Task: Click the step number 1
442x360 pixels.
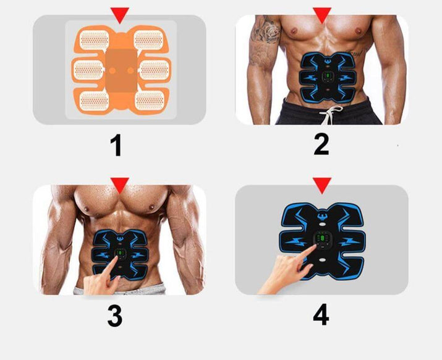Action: coord(115,147)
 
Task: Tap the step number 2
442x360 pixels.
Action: coord(321,144)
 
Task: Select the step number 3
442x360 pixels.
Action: coord(114,315)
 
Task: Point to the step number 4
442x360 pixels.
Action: coord(320,315)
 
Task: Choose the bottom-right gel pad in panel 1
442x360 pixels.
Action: coord(149,98)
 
